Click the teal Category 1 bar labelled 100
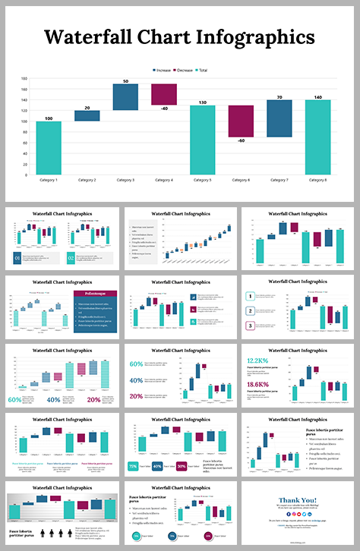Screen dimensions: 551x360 [x=48, y=147]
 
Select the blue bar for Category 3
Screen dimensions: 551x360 [x=125, y=96]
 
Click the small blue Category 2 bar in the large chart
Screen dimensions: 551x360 [x=87, y=115]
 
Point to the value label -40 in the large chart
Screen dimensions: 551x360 [x=163, y=109]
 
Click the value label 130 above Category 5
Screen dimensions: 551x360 [x=203, y=102]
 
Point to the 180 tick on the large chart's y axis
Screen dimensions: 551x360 [x=24, y=78]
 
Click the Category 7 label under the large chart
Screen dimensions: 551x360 [x=279, y=180]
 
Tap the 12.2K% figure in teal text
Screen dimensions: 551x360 [x=257, y=360]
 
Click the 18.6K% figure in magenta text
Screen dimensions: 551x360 [x=257, y=385]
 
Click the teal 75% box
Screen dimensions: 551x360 [x=133, y=466]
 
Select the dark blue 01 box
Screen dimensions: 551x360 [x=16, y=258]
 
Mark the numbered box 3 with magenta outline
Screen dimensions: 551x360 [x=250, y=326]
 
